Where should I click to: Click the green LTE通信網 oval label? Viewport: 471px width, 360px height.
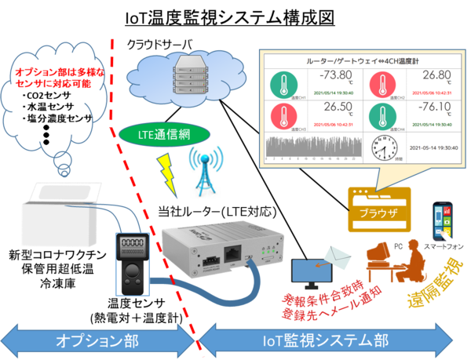[162, 133]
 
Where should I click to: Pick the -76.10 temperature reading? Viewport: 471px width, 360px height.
[429, 109]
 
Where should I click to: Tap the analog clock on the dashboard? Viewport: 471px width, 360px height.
[385, 147]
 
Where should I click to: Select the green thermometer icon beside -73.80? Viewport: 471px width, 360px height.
[284, 84]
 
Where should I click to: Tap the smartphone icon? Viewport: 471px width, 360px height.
[443, 224]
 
